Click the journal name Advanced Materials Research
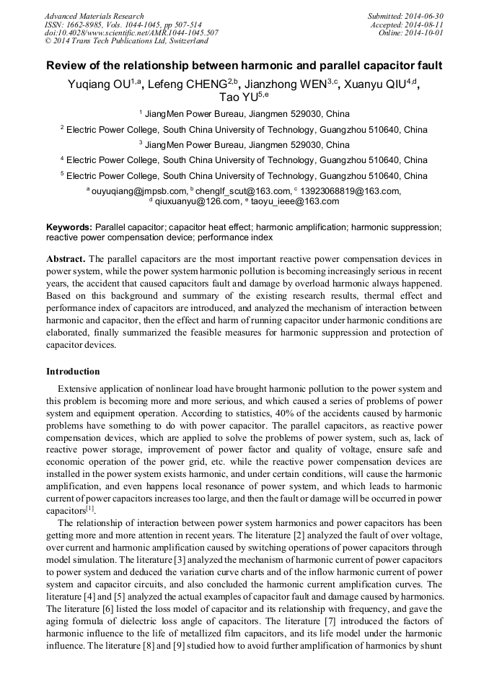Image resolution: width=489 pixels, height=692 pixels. [94, 16]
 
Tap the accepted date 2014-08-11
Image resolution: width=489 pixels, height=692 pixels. [426, 25]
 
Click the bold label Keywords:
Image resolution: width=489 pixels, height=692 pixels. [69, 227]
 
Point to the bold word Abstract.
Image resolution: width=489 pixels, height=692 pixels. [66, 258]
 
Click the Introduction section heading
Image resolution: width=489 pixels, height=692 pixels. [73, 372]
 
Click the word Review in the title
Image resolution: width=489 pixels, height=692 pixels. [68, 66]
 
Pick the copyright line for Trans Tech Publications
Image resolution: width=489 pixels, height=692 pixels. [126, 42]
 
